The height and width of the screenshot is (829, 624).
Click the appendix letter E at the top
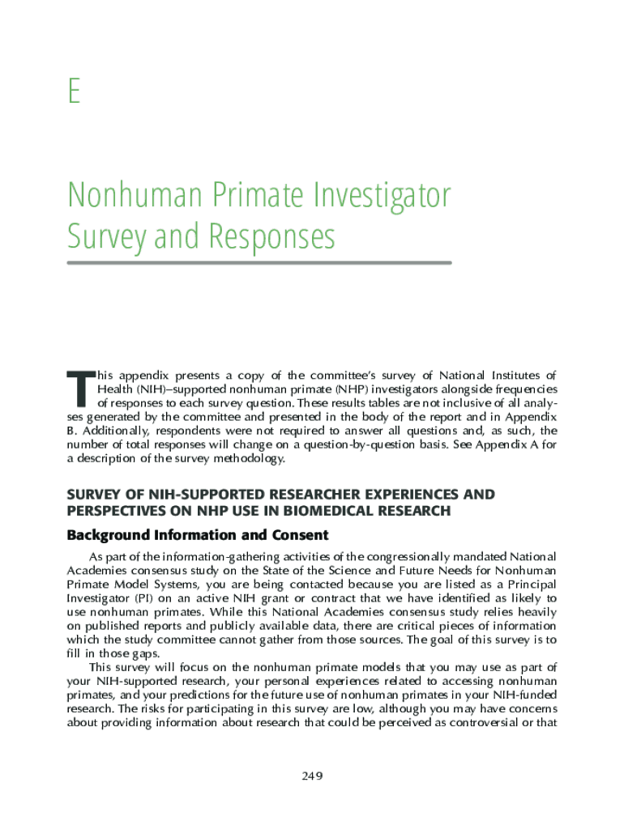[x=74, y=91]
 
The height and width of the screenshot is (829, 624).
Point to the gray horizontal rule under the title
[x=259, y=262]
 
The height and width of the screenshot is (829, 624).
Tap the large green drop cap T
[x=79, y=389]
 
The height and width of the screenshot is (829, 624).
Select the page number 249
[x=312, y=776]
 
